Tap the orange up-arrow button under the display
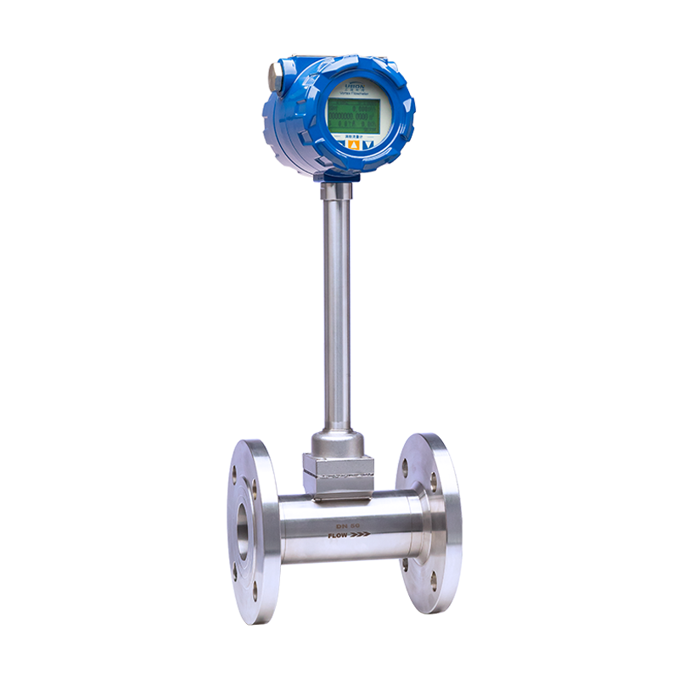pos(352,143)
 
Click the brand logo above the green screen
pos(354,85)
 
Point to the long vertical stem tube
pos(337,306)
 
